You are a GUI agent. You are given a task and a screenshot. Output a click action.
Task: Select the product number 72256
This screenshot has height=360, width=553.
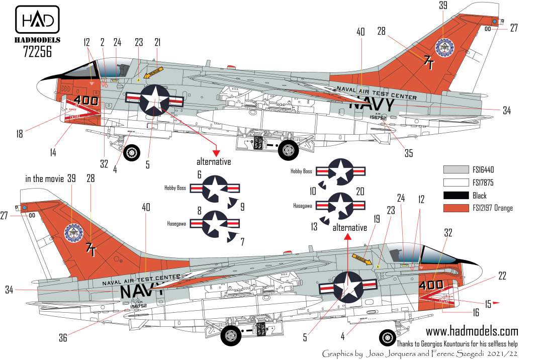pyautogui.click(x=38, y=50)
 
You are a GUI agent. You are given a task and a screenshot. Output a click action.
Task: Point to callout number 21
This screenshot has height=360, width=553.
pyautogui.click(x=157, y=43)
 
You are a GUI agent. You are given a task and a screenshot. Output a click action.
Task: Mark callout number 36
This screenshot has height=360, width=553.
pyautogui.click(x=63, y=338)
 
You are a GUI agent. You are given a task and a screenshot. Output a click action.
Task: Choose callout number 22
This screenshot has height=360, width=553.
pyautogui.click(x=502, y=276)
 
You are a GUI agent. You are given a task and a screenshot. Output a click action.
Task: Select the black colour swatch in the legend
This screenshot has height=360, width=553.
pyautogui.click(x=458, y=196)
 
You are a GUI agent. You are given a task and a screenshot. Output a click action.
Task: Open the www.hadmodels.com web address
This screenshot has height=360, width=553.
pyautogui.click(x=472, y=331)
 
